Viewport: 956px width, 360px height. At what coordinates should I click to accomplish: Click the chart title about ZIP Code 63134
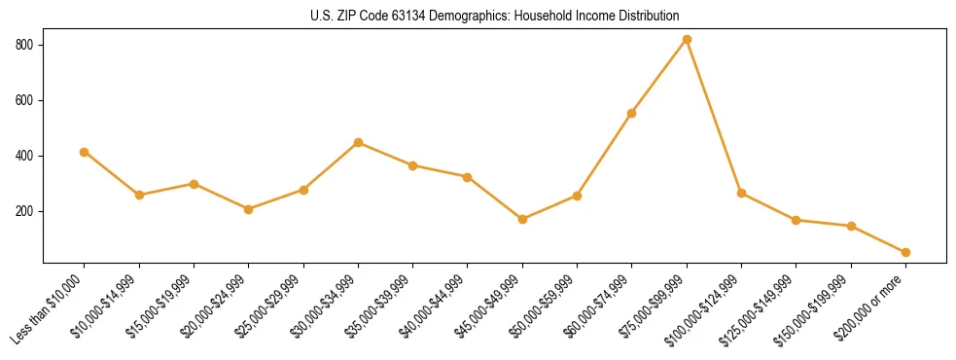[x=495, y=17]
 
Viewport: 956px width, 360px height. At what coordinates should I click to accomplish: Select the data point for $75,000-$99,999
[x=687, y=40]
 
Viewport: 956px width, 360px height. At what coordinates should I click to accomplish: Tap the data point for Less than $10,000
[x=85, y=152]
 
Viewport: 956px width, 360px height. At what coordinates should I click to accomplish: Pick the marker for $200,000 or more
[x=905, y=252]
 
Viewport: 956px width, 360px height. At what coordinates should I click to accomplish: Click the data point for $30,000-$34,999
[x=358, y=143]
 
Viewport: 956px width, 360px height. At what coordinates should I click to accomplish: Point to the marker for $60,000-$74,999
[x=632, y=113]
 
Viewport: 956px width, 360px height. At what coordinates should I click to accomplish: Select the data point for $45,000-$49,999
[x=522, y=219]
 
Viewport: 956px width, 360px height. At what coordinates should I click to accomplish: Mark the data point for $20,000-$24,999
[x=249, y=209]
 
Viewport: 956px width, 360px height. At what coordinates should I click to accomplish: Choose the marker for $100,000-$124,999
[x=741, y=194]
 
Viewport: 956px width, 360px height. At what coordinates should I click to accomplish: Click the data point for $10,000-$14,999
[x=139, y=195]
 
